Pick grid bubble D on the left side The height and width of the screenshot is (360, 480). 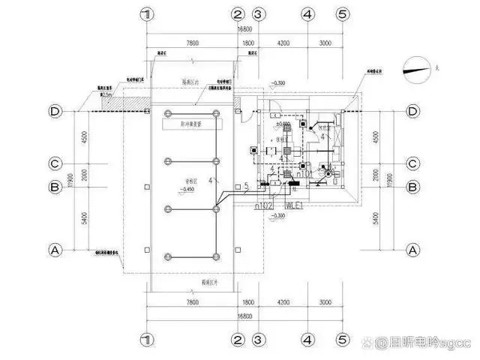55,112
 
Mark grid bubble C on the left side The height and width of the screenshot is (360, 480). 55,162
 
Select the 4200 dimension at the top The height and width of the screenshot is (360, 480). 282,43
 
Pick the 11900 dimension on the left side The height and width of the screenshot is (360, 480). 66,180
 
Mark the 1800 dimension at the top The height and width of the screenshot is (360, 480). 248,43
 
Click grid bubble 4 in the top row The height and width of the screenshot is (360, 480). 307,14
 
